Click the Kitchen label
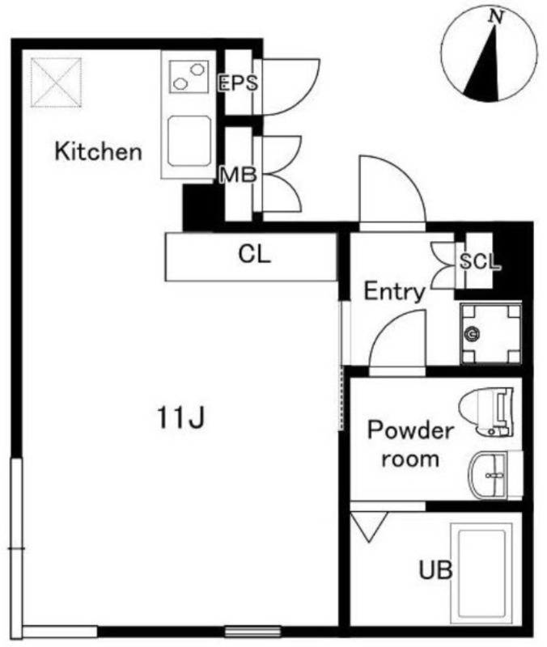coord(98,151)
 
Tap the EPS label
coord(238,82)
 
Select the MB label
coord(238,175)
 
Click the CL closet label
coord(254,254)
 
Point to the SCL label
coord(480,260)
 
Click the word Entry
coord(394,291)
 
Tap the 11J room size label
coord(180,417)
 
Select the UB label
coord(435,570)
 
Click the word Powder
coord(410,430)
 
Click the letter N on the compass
coord(496,17)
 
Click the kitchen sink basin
coord(189,141)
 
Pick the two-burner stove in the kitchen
coord(189,76)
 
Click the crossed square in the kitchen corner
coord(56,82)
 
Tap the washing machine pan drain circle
coord(471,334)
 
